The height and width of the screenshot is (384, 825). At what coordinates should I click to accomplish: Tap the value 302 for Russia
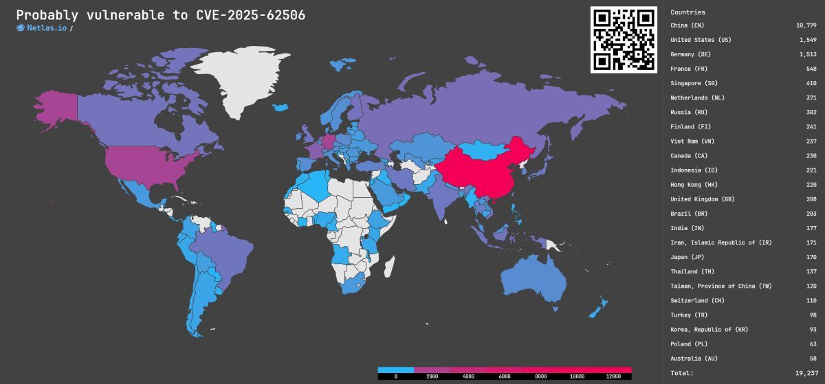click(811, 112)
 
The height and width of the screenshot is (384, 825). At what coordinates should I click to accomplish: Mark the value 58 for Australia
click(813, 359)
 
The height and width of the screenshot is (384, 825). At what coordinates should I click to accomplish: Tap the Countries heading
click(687, 12)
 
